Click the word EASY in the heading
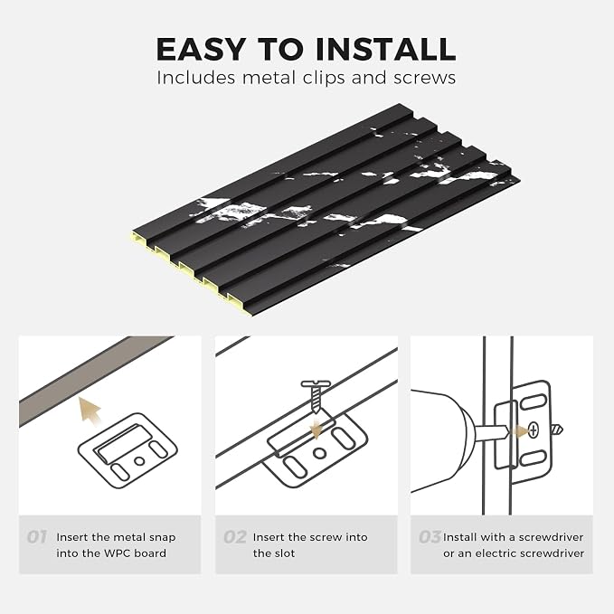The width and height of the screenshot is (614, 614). [201, 49]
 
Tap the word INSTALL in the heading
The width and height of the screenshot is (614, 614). [385, 49]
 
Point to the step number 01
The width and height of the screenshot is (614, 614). [37, 537]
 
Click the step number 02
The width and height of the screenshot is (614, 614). [235, 537]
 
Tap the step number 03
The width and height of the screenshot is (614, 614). [430, 537]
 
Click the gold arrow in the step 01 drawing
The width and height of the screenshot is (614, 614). [90, 410]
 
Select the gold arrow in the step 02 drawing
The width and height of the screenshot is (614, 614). [316, 429]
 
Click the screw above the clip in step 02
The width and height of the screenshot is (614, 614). [316, 396]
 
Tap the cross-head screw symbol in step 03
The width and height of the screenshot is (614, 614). [534, 430]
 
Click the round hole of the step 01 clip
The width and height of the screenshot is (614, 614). [139, 461]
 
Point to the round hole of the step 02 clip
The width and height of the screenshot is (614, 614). [320, 453]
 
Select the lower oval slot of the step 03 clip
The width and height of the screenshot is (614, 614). [533, 458]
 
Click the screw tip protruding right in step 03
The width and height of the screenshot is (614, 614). [557, 430]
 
